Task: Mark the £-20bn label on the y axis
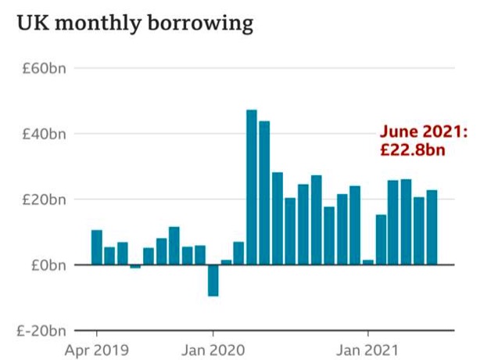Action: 42,331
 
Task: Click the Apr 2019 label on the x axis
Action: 96,348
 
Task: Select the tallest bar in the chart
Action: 251,187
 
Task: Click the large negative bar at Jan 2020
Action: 213,280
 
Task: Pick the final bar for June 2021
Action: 432,227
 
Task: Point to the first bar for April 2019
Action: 96,247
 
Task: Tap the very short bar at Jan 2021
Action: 367,262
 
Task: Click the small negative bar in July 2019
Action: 135,267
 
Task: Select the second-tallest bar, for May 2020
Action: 264,193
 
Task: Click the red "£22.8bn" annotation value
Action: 412,149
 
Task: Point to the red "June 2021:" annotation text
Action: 423,132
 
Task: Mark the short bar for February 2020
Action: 226,262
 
